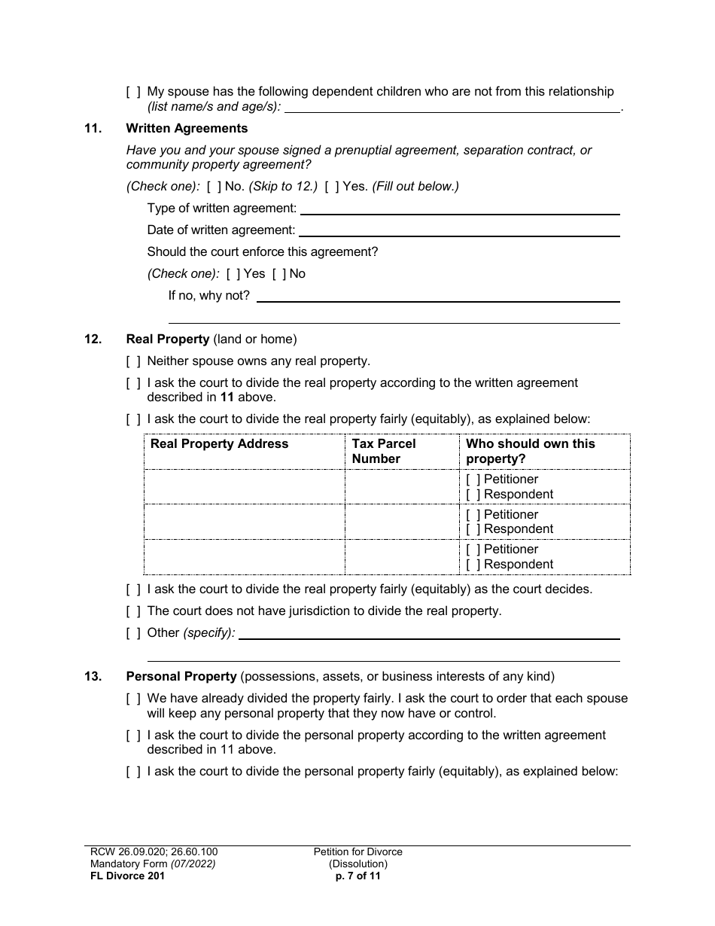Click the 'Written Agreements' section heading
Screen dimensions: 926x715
(187, 129)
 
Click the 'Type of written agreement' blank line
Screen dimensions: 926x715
(461, 209)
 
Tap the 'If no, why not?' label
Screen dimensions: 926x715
(208, 296)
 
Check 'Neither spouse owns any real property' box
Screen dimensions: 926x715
(133, 361)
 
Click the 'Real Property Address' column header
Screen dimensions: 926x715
(219, 444)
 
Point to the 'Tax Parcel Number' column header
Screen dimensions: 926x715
(384, 451)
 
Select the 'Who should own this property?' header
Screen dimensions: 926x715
(530, 451)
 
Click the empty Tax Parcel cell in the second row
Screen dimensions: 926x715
(402, 522)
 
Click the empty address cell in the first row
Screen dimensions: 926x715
(244, 486)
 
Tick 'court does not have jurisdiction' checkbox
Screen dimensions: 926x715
(133, 611)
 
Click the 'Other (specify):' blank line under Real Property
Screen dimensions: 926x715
(429, 633)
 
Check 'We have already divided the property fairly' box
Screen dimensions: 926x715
(133, 699)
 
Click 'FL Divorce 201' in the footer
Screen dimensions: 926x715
(123, 876)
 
